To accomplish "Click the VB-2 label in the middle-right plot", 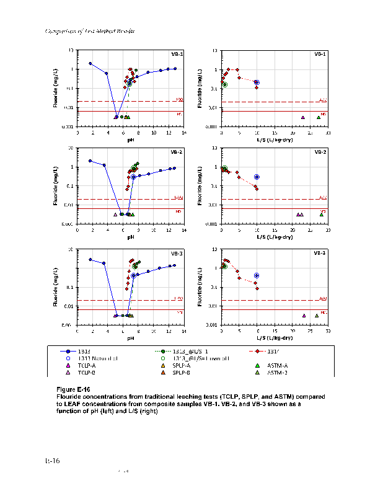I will pyautogui.click(x=321, y=152).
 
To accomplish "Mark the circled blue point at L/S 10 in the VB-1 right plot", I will pyautogui.click(x=257, y=82).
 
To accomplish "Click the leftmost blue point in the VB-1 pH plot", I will pyautogui.click(x=90, y=63).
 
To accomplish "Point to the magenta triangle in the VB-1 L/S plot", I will pyautogui.click(x=303, y=117).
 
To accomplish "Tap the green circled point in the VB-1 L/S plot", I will pyautogui.click(x=225, y=84).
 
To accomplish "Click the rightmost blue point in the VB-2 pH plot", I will pyautogui.click(x=175, y=168).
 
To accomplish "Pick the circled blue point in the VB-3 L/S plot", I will pyautogui.click(x=257, y=275).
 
